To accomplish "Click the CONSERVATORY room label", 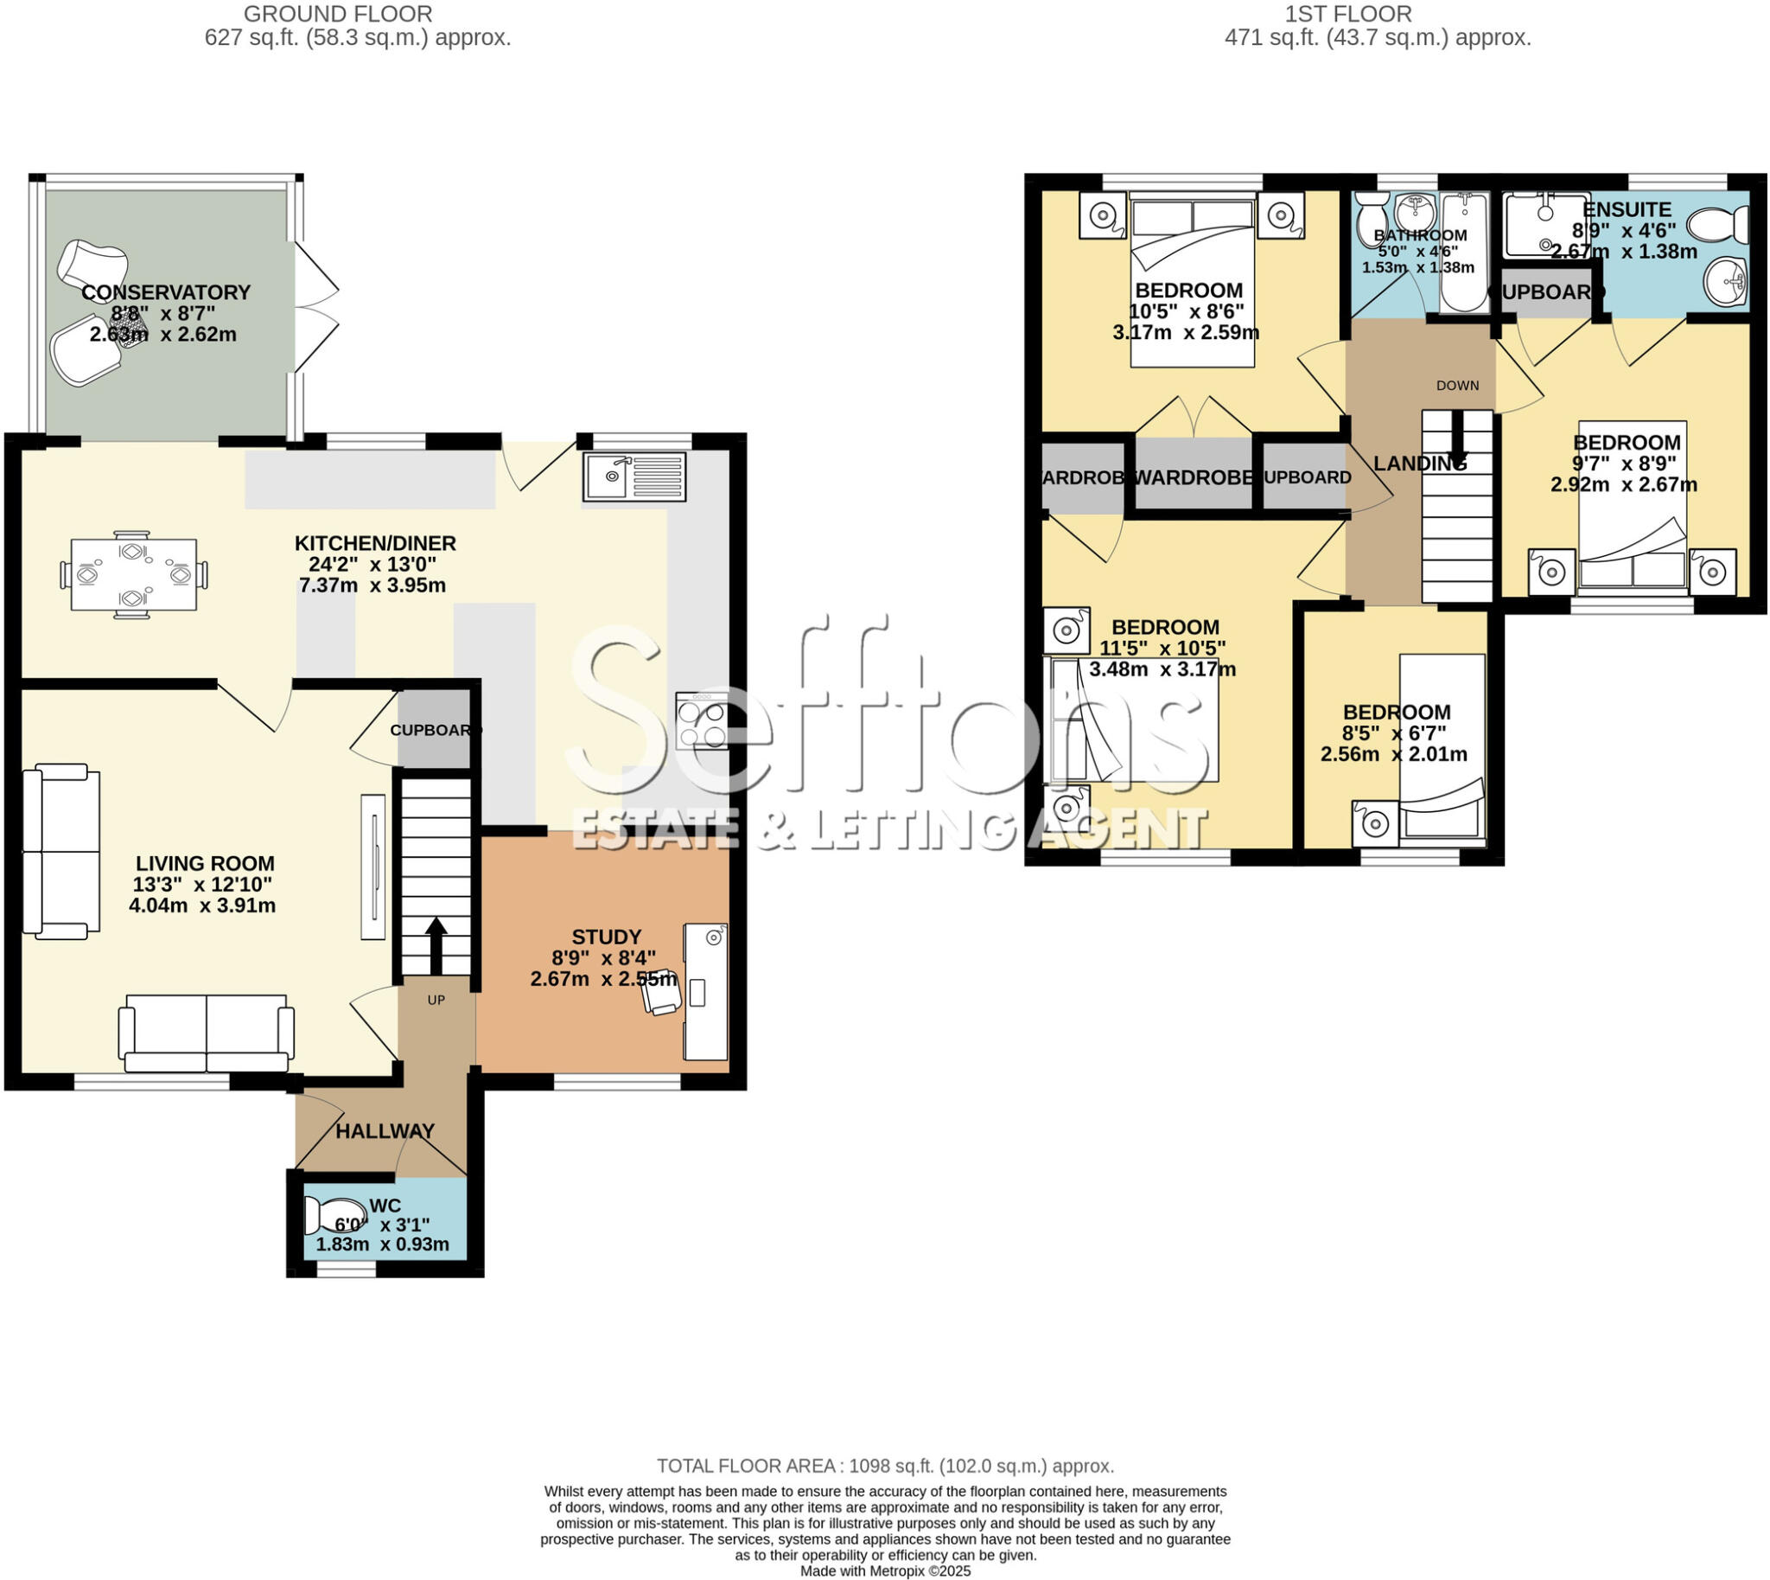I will point(166,292).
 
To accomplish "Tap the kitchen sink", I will point(634,477).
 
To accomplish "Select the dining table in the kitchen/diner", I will point(134,575).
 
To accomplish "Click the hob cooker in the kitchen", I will point(701,721).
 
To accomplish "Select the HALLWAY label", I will point(385,1131).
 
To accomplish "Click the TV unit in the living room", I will point(373,867).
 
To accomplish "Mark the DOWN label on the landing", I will point(1457,386).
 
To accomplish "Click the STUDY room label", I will point(606,937).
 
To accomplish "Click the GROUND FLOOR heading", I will point(338,14).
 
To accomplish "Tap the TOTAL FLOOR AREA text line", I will point(885,1466).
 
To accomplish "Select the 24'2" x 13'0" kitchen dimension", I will point(372,564).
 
